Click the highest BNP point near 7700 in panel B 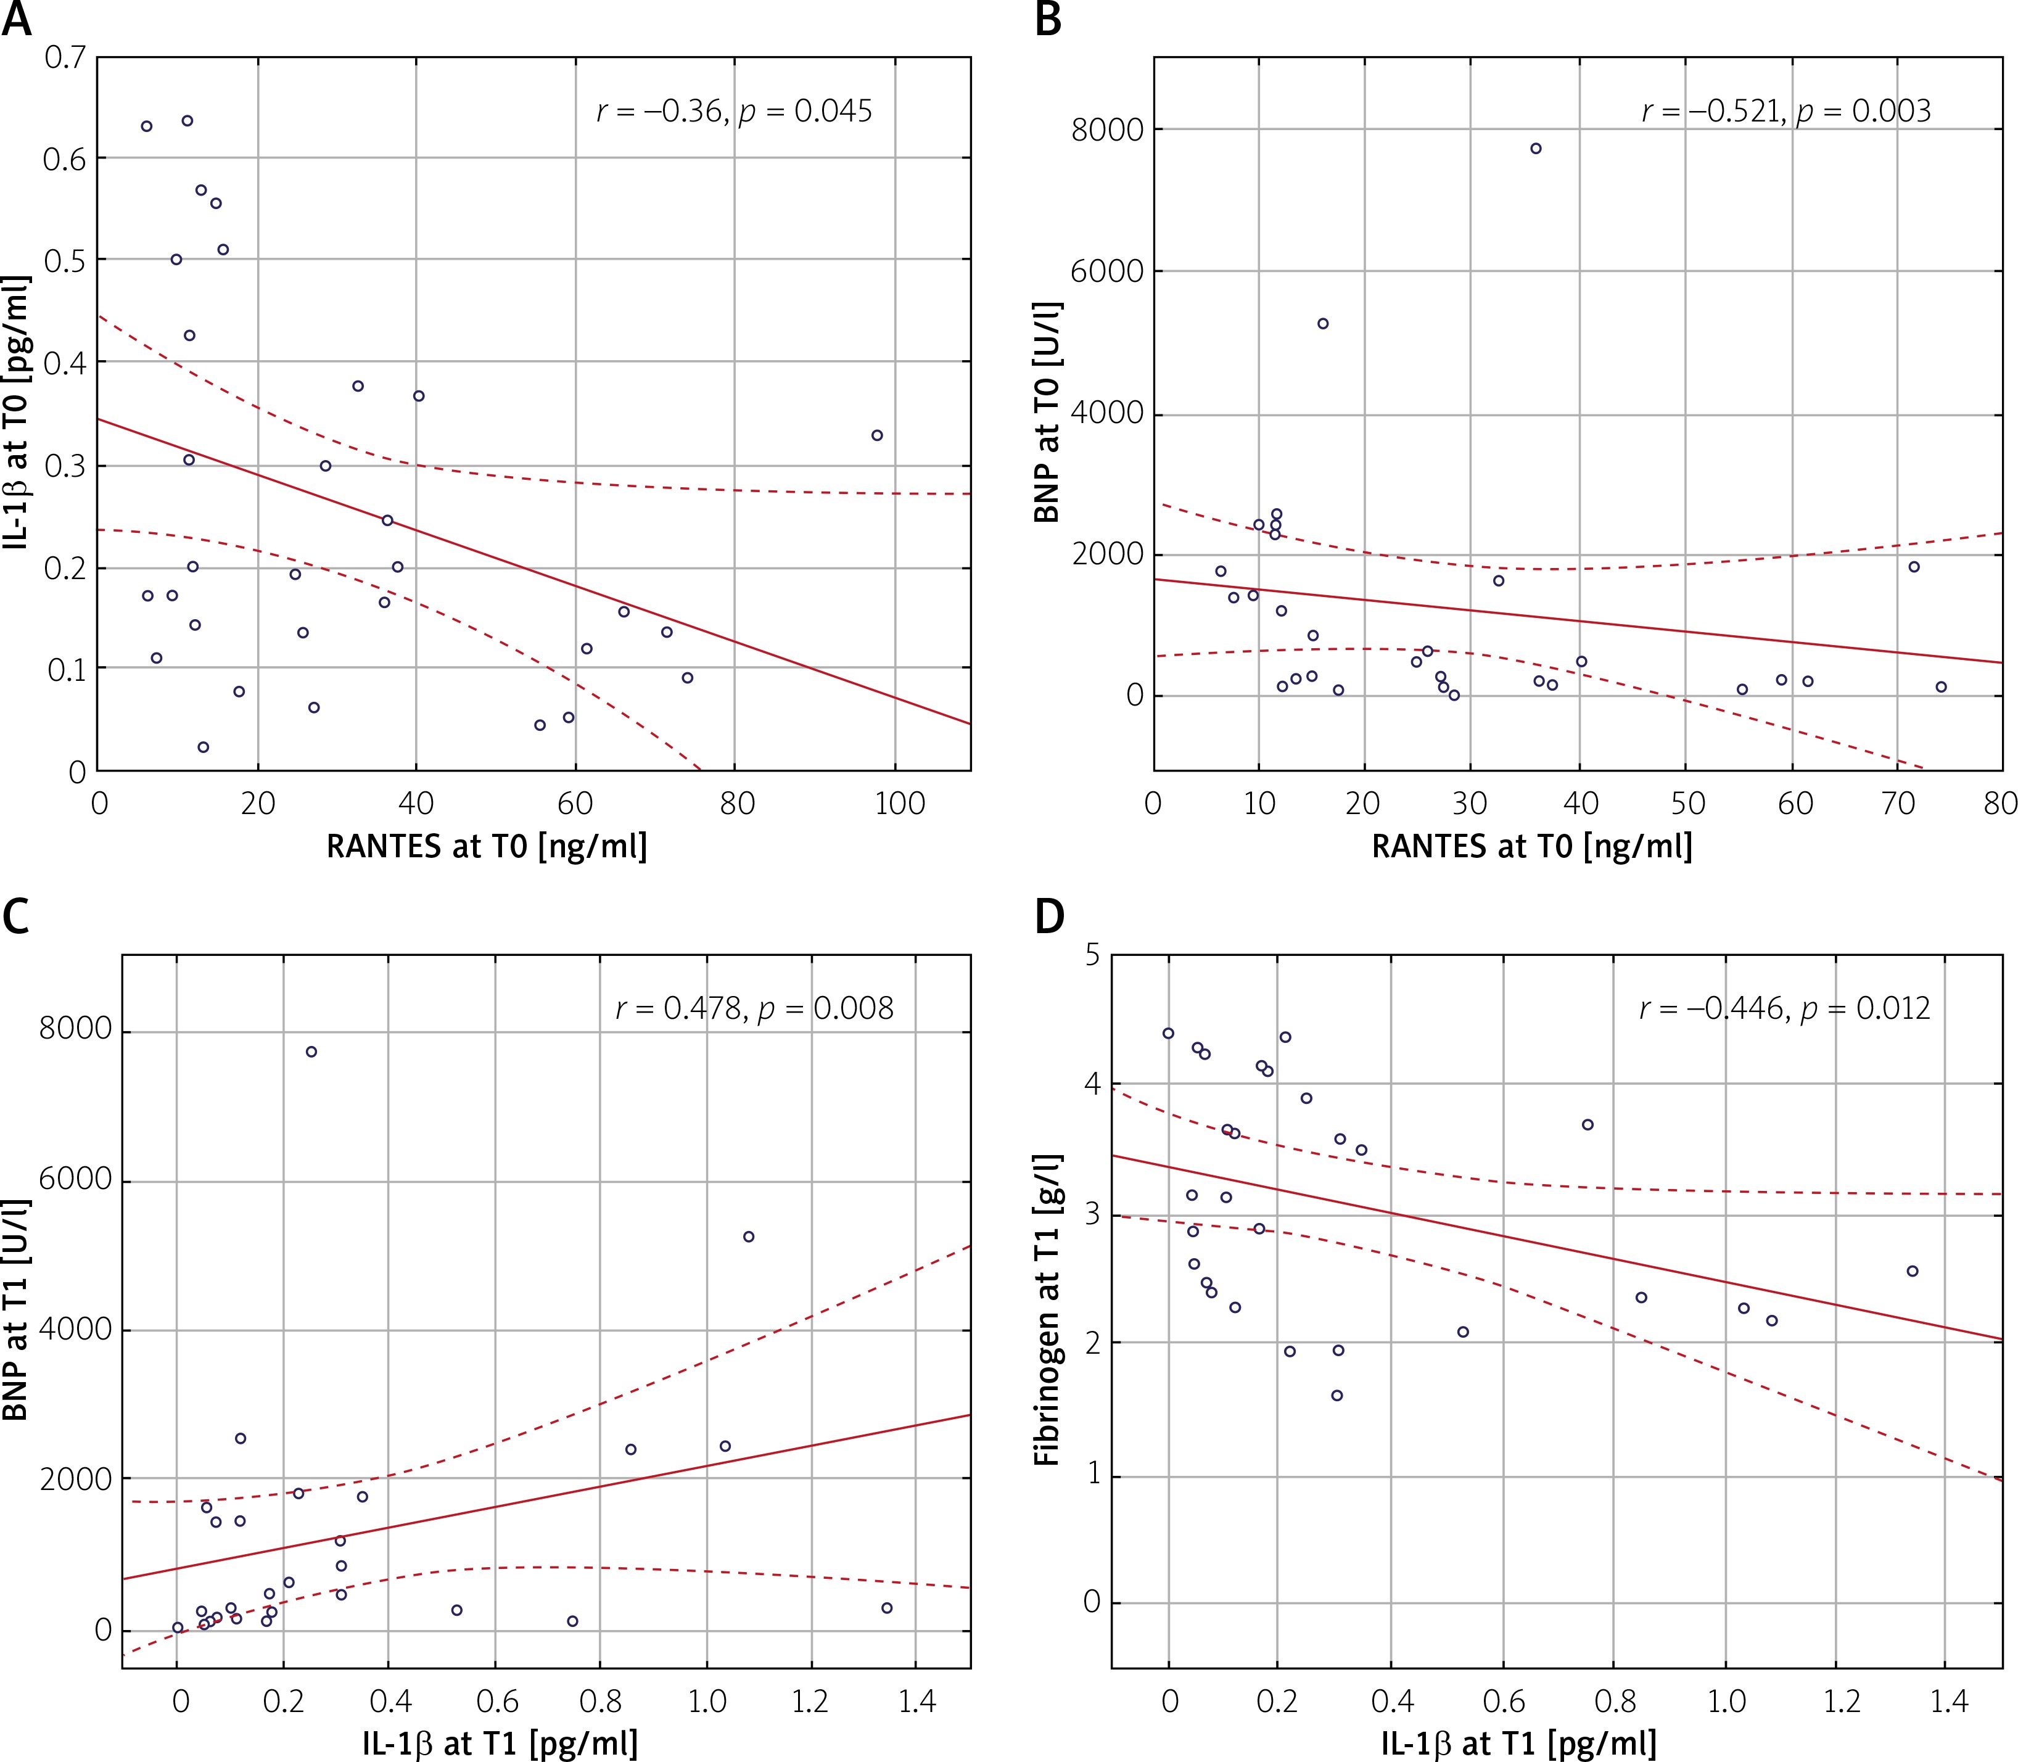tap(1535, 149)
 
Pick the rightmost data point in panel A tap(877, 435)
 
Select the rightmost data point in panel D tap(1913, 1271)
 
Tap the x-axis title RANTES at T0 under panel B tap(1532, 847)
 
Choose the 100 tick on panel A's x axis tap(899, 804)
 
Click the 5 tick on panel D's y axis tap(1092, 955)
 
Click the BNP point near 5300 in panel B tap(1323, 324)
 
